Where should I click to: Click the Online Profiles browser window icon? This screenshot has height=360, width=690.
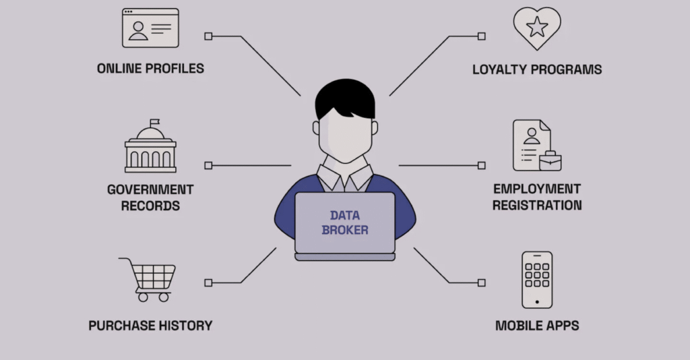[150, 28]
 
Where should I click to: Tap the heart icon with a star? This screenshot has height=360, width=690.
[537, 28]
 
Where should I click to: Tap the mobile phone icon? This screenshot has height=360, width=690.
[537, 279]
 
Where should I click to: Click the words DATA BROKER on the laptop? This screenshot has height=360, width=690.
[345, 222]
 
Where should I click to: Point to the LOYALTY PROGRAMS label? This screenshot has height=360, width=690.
[537, 69]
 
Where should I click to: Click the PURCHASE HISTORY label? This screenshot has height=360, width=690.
[150, 326]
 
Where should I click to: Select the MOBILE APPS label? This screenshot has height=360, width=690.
[537, 326]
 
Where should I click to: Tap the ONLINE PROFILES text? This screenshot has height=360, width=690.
[150, 68]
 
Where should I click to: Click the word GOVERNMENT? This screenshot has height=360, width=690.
[150, 189]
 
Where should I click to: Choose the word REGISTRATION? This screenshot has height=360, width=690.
[537, 205]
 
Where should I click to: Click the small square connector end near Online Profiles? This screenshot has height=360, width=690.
[208, 36]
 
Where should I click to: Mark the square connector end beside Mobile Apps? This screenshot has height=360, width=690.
[481, 282]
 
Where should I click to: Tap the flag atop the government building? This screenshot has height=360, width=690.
[155, 122]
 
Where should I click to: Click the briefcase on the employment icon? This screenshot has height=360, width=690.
[551, 161]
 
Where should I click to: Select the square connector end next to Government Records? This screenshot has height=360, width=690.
[208, 165]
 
